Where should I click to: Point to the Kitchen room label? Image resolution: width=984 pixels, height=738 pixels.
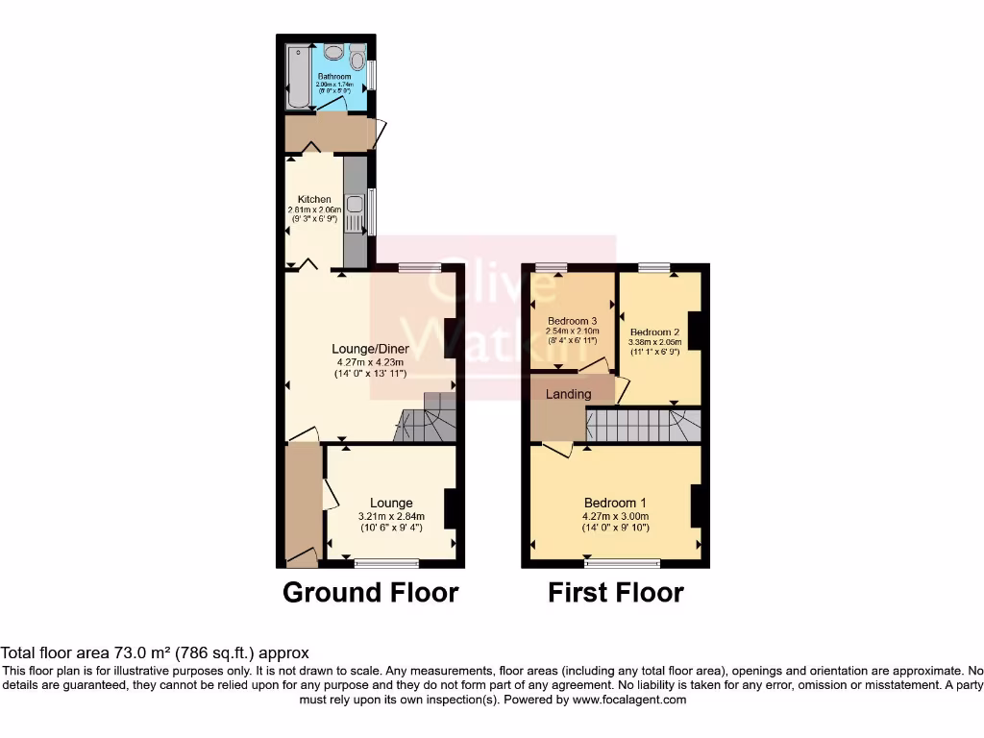pos(314,200)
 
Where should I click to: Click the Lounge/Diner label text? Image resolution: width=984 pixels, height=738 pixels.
pos(370,349)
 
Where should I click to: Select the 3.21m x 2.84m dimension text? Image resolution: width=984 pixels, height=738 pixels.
pos(384,516)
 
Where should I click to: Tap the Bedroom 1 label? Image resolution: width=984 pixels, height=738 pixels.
pos(615,503)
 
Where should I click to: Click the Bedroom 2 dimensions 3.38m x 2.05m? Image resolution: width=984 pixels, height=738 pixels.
pos(654,341)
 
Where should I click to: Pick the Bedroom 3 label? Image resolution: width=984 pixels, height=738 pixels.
pos(573,321)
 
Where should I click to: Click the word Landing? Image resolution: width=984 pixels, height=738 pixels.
pos(568,394)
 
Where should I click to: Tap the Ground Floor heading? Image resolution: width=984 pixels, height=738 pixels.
pos(370,593)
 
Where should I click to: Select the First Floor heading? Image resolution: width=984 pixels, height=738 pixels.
pos(615,593)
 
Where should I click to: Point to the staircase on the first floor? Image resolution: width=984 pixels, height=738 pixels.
pos(642,425)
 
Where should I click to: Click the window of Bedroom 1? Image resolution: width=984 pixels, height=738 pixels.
pos(623,561)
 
